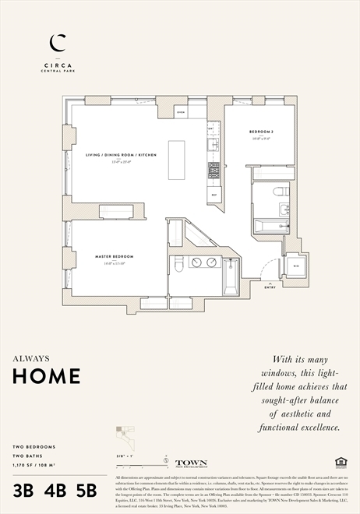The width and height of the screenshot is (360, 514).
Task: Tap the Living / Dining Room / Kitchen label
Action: tap(121, 155)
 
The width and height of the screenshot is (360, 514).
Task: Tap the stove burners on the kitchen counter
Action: tap(214, 170)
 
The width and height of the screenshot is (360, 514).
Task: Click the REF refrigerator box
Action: tap(214, 195)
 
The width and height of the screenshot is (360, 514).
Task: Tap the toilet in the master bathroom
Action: tap(178, 265)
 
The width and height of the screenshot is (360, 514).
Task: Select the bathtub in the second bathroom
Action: tap(271, 226)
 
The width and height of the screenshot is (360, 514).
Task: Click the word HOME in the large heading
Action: tap(46, 376)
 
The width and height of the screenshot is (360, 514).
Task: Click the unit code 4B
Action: tap(55, 491)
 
